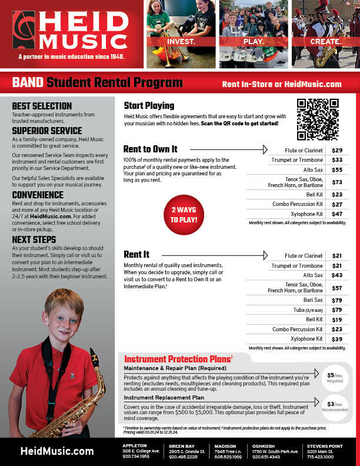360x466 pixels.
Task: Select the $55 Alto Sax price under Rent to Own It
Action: point(337,169)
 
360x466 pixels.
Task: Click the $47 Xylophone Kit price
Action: point(337,214)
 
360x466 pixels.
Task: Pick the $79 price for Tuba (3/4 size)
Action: point(337,309)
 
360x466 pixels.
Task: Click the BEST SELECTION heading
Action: point(42,106)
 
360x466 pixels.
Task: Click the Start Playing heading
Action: point(149,106)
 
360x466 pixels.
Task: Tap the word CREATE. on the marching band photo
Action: point(325,42)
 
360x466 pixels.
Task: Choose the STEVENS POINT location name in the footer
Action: point(320,446)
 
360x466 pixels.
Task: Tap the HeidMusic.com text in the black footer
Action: point(57,451)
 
